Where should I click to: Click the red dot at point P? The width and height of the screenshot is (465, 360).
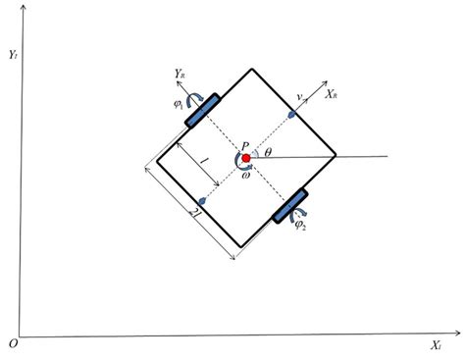click(x=245, y=157)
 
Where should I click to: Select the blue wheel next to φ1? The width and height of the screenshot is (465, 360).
click(x=200, y=110)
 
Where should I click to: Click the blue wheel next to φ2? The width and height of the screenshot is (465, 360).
click(x=289, y=205)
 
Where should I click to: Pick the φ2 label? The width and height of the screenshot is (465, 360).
click(x=300, y=226)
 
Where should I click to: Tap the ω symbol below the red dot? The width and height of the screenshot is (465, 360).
click(x=245, y=176)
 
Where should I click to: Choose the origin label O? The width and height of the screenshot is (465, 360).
click(x=11, y=343)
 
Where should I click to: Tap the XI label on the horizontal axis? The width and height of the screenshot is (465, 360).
click(x=434, y=346)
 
